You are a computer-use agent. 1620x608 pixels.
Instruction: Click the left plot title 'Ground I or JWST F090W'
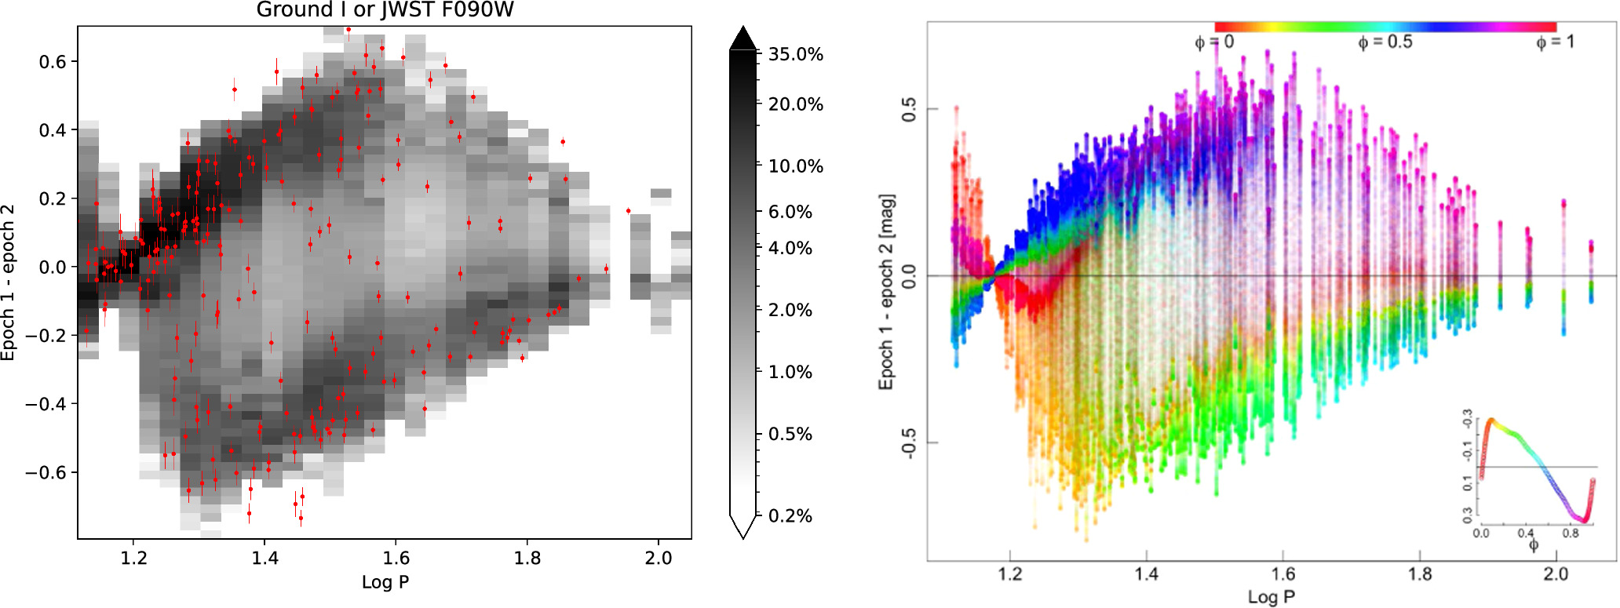point(385,10)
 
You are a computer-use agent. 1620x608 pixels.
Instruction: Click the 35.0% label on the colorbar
point(795,54)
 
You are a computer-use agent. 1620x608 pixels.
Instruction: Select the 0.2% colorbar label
point(790,515)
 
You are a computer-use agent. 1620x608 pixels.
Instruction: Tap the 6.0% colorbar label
point(790,212)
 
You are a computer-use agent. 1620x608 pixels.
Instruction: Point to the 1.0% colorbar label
point(790,372)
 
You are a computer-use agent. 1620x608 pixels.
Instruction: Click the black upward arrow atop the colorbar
point(742,38)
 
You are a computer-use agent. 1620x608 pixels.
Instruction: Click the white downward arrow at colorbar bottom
point(742,526)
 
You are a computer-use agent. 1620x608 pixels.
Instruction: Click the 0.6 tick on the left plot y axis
point(53,62)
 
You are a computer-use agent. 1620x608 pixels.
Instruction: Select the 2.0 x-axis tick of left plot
point(659,558)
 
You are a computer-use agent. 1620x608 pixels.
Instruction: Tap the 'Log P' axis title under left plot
point(385,582)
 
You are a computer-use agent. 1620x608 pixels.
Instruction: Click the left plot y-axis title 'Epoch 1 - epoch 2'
point(9,282)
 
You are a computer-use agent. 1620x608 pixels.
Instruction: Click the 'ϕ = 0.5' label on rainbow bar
point(1385,42)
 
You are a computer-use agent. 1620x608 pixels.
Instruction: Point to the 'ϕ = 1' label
point(1554,42)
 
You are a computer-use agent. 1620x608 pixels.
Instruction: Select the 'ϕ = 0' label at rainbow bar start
point(1214,42)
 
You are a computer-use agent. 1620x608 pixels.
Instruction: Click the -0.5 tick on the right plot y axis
point(908,443)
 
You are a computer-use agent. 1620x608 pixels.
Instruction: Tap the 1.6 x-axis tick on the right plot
point(1282,574)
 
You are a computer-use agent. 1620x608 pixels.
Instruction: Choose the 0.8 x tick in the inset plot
point(1570,533)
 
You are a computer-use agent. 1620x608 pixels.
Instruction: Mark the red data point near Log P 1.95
point(628,210)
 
